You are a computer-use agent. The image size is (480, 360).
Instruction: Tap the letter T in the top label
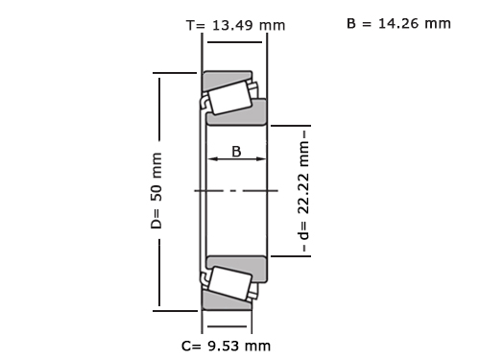pyautogui.click(x=190, y=25)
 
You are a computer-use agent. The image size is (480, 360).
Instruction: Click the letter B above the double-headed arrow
pyautogui.click(x=236, y=152)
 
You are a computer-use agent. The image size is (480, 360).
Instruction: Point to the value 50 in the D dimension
pyautogui.click(x=156, y=192)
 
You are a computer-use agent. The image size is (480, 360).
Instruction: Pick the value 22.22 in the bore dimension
pyautogui.click(x=303, y=194)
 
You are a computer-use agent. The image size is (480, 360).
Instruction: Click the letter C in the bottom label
pyautogui.click(x=186, y=346)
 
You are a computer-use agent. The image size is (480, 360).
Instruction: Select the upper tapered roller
pyautogui.click(x=229, y=98)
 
